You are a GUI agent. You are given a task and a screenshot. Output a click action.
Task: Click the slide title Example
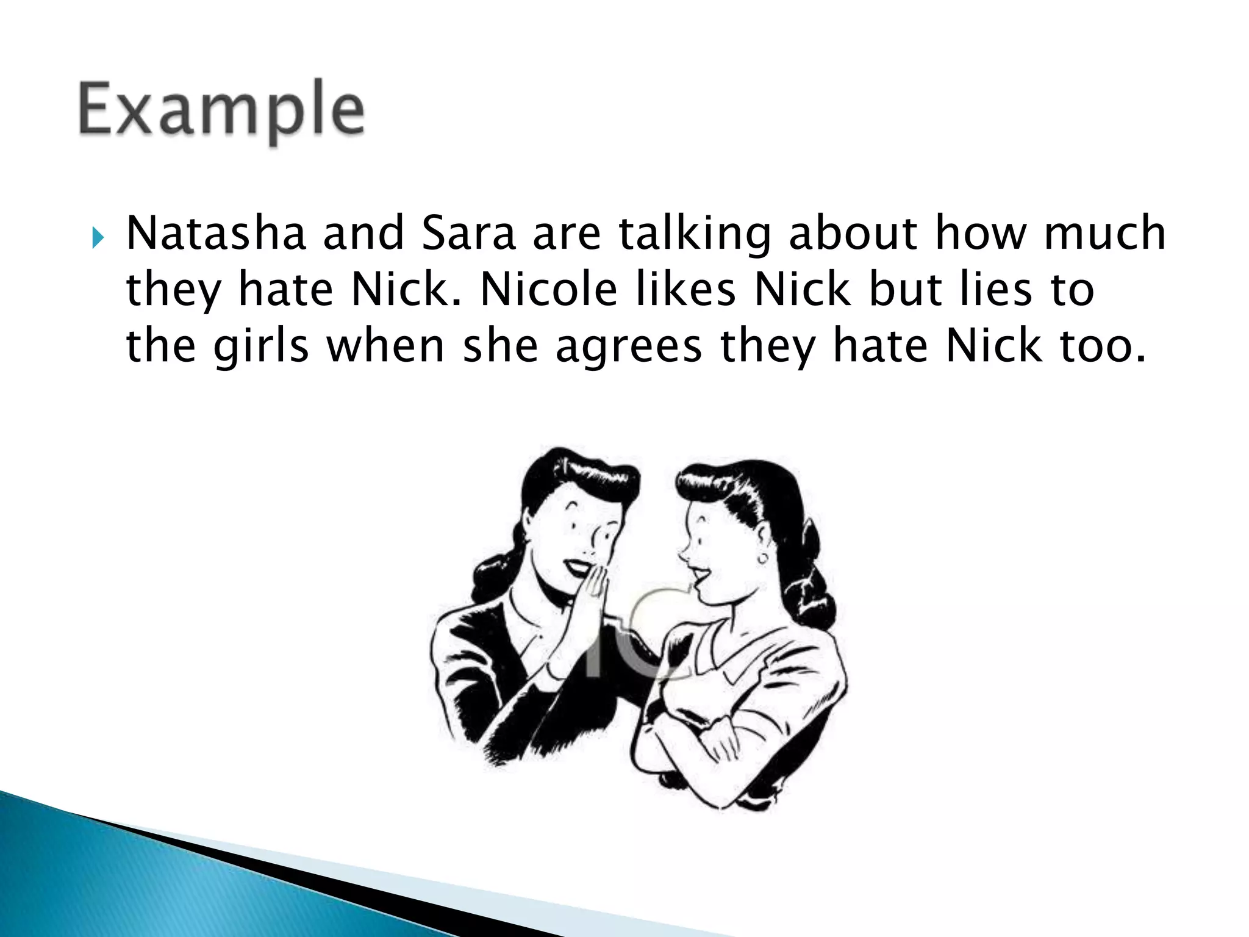(x=221, y=112)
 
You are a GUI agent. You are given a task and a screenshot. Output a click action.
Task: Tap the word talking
(x=695, y=235)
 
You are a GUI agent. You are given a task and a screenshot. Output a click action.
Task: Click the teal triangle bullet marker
(x=98, y=235)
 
